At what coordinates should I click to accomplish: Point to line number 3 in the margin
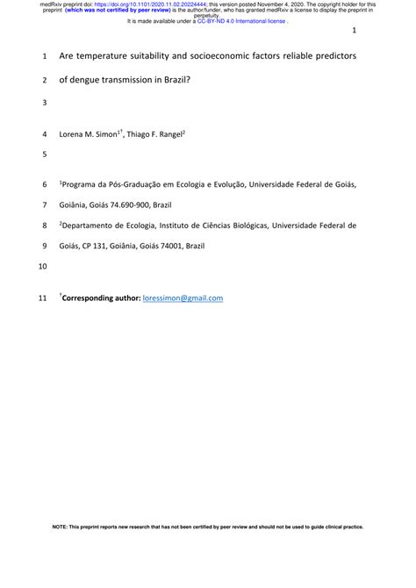(x=44, y=104)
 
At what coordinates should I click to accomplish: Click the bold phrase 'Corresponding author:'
(x=101, y=298)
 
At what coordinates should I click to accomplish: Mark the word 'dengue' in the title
(x=85, y=79)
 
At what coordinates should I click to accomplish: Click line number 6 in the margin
(x=44, y=185)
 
